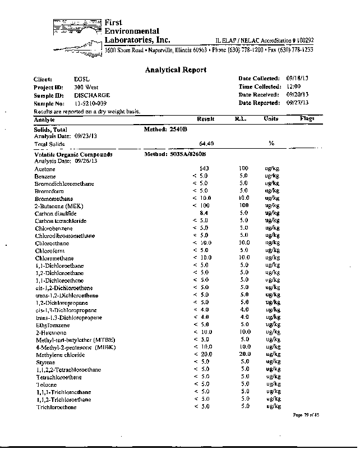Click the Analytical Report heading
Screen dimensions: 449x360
pyautogui.click(x=176, y=70)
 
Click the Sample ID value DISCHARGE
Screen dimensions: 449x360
pyautogui.click(x=92, y=95)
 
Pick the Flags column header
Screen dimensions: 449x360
pyautogui.click(x=307, y=119)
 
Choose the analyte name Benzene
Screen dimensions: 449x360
pyautogui.click(x=44, y=176)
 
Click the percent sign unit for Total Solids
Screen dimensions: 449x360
pyautogui.click(x=271, y=144)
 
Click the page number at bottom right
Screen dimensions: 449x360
pyautogui.click(x=305, y=415)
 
